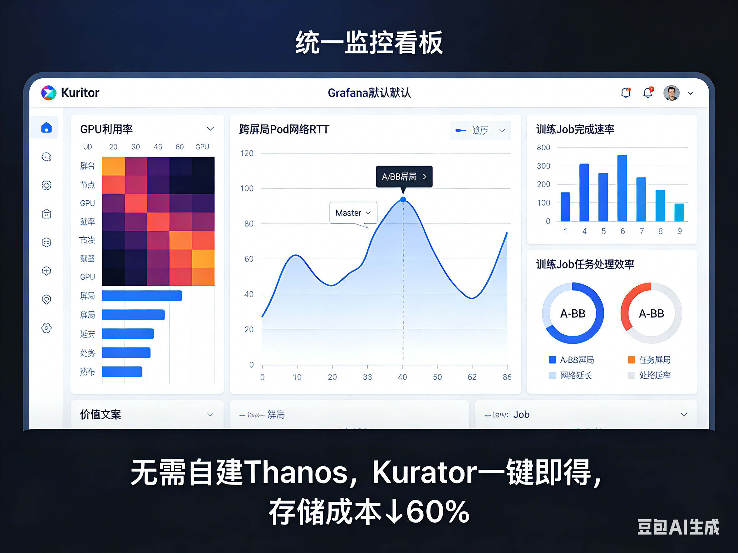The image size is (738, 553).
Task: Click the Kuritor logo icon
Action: click(x=49, y=93)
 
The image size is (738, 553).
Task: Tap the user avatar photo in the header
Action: click(x=671, y=93)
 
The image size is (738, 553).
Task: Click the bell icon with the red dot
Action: click(x=647, y=93)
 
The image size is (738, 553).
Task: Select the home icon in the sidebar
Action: click(x=47, y=127)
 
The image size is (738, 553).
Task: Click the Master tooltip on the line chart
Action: click(x=353, y=213)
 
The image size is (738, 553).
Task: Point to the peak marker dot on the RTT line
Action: click(x=403, y=199)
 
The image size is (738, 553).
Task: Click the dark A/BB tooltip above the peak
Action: click(x=404, y=176)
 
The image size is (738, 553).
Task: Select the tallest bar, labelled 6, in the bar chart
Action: click(x=622, y=188)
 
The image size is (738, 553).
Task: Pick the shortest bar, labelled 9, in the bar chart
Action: click(x=679, y=212)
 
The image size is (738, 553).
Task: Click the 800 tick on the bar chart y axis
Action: click(x=543, y=147)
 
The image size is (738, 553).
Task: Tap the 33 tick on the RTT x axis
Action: click(x=367, y=377)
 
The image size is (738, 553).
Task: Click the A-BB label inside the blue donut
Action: click(x=573, y=313)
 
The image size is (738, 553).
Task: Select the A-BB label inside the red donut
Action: click(x=651, y=313)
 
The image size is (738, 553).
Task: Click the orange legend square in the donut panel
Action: click(x=631, y=360)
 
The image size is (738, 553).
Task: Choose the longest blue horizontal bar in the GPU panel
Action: click(x=142, y=296)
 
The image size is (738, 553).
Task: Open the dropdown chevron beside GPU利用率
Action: click(x=210, y=129)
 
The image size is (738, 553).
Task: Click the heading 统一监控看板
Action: click(x=369, y=43)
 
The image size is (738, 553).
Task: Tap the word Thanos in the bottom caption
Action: click(x=297, y=472)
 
